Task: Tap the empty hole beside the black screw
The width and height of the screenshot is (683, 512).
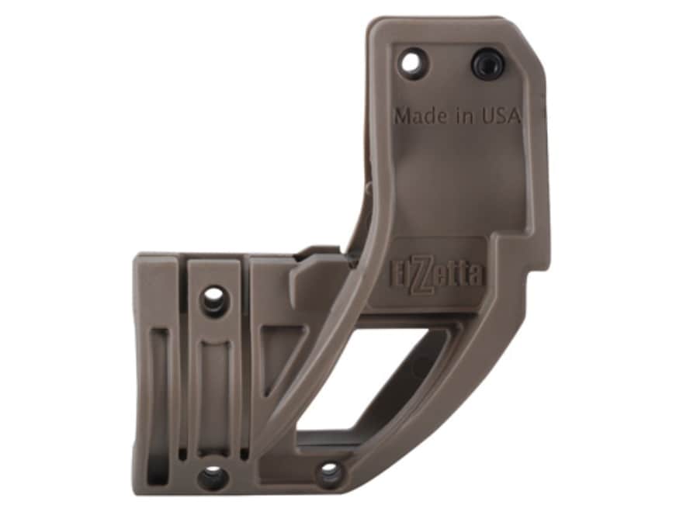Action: [x=412, y=62]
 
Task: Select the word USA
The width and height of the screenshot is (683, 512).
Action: [x=501, y=115]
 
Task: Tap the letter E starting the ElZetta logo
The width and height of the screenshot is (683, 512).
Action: [x=396, y=274]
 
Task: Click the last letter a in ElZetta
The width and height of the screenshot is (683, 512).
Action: [x=475, y=275]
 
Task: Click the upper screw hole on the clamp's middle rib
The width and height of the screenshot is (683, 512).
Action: [x=213, y=299]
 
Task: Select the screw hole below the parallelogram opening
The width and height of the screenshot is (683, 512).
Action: [x=329, y=471]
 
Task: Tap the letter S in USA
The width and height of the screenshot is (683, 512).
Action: [x=500, y=115]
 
